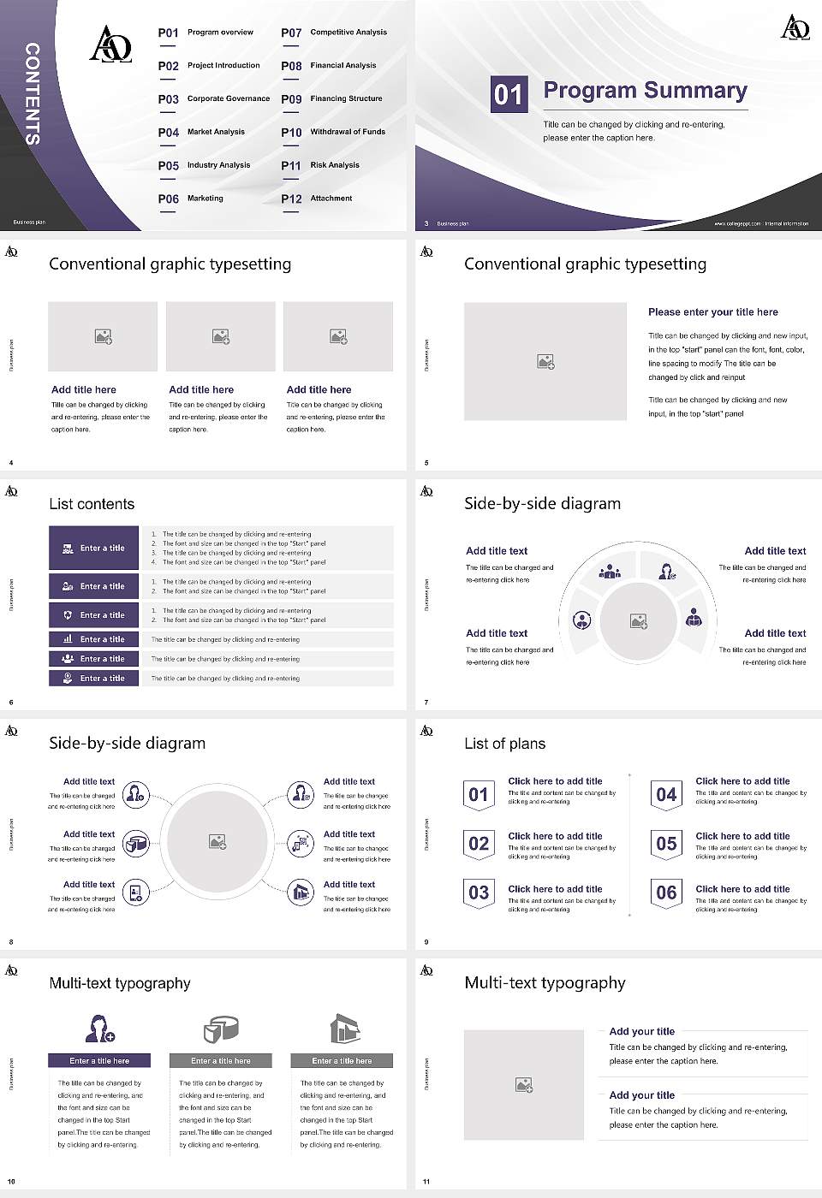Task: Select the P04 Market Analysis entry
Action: click(x=201, y=132)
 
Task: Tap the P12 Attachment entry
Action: click(x=317, y=199)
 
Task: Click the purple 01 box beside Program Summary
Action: click(x=508, y=94)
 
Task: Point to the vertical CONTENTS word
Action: click(x=33, y=93)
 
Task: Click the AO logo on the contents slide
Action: click(x=110, y=44)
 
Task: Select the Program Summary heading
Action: click(x=645, y=91)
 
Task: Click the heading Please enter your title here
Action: click(x=712, y=312)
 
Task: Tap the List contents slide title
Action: click(x=92, y=504)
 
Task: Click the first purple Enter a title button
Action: click(x=93, y=548)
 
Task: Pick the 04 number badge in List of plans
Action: click(x=666, y=795)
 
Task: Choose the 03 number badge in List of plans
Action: click(x=479, y=893)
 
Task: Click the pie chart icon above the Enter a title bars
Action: click(x=221, y=1029)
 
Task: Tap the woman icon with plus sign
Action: click(x=100, y=1029)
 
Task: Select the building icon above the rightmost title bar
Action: click(x=343, y=1029)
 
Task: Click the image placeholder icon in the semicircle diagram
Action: click(x=638, y=620)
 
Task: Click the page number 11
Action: click(x=426, y=1182)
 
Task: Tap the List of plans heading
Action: click(x=504, y=744)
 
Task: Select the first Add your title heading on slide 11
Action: click(x=641, y=1031)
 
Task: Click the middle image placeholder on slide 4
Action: click(x=221, y=336)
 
